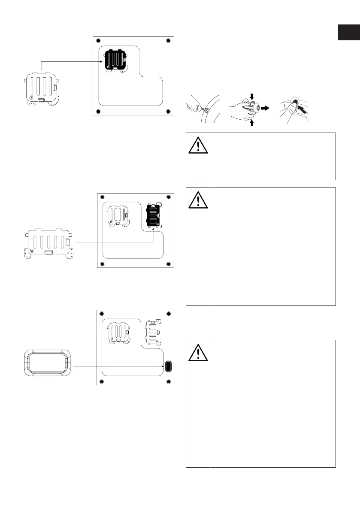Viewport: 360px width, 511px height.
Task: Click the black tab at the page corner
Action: pos(348,33)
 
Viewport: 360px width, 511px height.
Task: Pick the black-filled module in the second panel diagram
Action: pos(153,215)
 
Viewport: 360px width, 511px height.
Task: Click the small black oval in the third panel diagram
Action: pos(168,366)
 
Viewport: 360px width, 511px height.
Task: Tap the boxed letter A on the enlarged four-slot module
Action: pos(31,98)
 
